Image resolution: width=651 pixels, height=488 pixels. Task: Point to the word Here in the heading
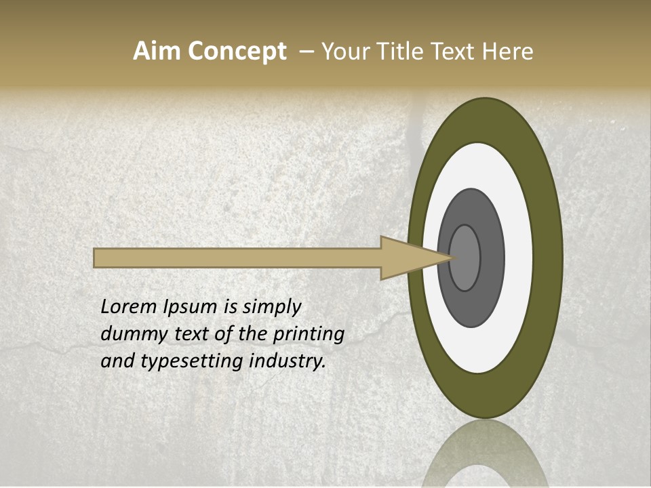pos(507,52)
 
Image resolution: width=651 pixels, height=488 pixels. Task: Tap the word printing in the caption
pos(308,335)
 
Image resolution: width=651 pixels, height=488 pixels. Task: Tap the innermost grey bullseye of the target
pos(465,258)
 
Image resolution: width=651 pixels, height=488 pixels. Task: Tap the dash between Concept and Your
pos(306,52)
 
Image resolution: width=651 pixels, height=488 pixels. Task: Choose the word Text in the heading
pos(456,52)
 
